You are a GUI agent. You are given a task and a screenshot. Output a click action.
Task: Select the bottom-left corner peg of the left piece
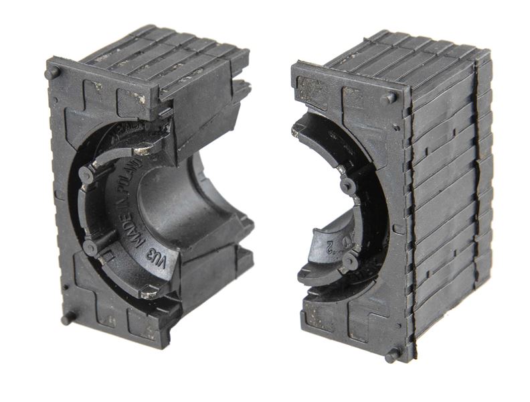pyautogui.click(x=68, y=319)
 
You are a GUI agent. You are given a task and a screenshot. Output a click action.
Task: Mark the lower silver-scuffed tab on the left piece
pyautogui.click(x=150, y=291)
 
